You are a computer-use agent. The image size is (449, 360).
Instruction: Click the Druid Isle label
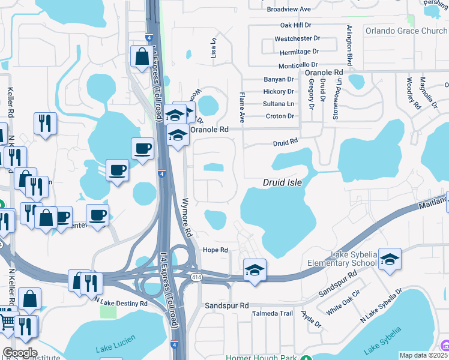pyautogui.click(x=282, y=182)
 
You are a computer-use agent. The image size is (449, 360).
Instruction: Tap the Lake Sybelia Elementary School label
pyautogui.click(x=340, y=259)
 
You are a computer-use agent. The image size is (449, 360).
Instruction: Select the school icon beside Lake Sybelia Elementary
pyautogui.click(x=390, y=259)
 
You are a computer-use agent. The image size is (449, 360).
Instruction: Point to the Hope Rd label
pyautogui.click(x=215, y=250)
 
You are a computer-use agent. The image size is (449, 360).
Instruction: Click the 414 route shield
pyautogui.click(x=196, y=277)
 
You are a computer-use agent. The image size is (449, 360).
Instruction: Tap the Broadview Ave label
pyautogui.click(x=289, y=10)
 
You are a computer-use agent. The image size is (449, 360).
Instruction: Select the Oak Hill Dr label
pyautogui.click(x=296, y=25)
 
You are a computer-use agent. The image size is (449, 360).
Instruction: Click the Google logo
pyautogui.click(x=20, y=353)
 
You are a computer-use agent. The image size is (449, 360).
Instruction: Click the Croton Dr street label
pyautogui.click(x=280, y=116)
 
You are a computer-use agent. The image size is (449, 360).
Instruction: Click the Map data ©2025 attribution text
pyautogui.click(x=423, y=355)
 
